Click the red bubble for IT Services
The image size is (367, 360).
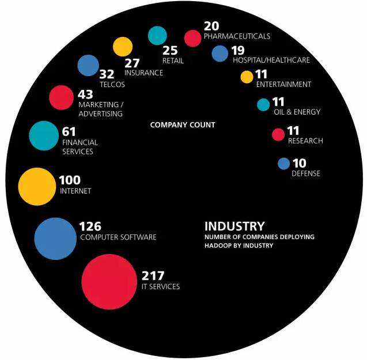(109, 282)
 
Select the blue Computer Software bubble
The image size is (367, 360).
(55, 238)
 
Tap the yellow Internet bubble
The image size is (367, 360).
(37, 187)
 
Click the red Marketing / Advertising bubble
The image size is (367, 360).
(60, 97)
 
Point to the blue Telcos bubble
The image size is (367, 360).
(88, 66)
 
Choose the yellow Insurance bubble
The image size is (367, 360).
(123, 47)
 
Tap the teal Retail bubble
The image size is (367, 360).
(157, 36)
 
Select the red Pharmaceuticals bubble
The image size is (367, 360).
(192, 38)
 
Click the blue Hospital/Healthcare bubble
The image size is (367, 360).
(220, 54)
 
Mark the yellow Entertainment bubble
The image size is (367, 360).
(247, 77)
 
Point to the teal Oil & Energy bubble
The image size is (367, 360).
(263, 105)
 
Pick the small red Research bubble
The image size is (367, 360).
(278, 135)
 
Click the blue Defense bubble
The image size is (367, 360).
(283, 164)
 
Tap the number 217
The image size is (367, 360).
(153, 276)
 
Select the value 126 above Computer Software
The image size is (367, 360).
(90, 226)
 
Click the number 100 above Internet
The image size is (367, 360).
(70, 180)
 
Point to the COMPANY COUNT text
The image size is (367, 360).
(183, 125)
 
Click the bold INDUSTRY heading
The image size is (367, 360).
(234, 226)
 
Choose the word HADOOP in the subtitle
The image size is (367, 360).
(219, 245)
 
